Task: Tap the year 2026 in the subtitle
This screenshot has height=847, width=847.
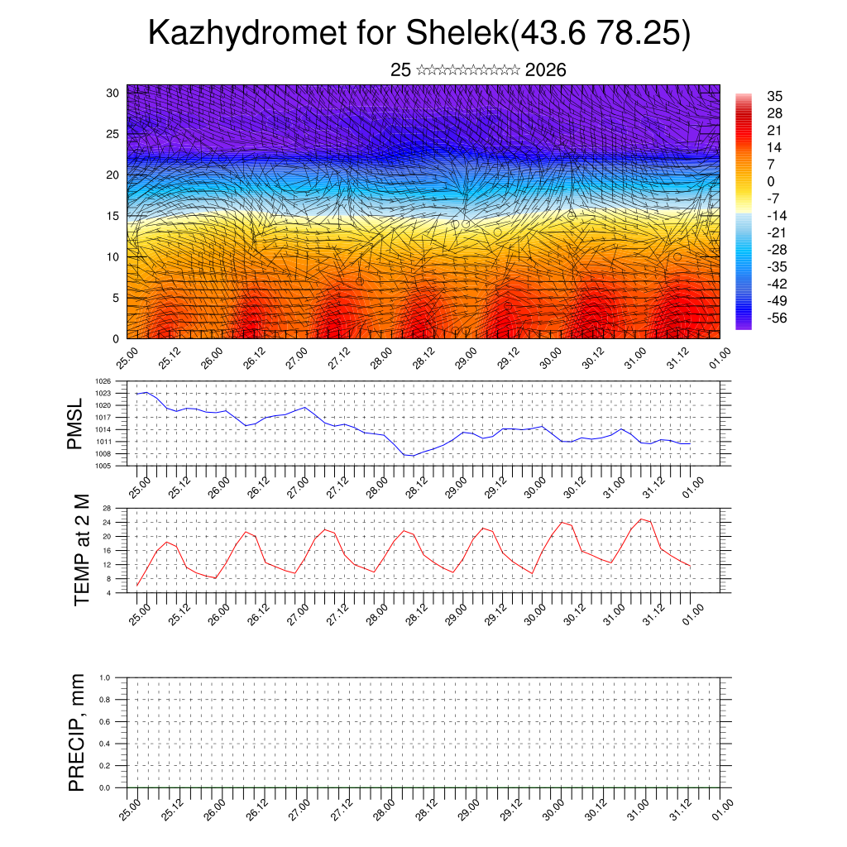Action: point(545,70)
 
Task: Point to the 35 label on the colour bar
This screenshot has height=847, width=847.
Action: point(775,96)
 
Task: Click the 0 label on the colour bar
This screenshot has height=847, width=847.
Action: point(771,181)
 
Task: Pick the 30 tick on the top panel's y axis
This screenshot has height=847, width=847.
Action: point(113,93)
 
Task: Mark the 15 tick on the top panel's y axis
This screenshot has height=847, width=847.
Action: point(113,216)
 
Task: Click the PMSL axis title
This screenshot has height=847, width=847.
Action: point(75,423)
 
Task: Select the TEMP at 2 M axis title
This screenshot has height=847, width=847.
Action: point(81,548)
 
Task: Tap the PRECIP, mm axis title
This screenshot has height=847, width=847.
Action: point(77,732)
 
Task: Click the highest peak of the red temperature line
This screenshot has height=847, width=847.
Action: point(641,519)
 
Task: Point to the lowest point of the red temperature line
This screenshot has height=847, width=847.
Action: point(137,586)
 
